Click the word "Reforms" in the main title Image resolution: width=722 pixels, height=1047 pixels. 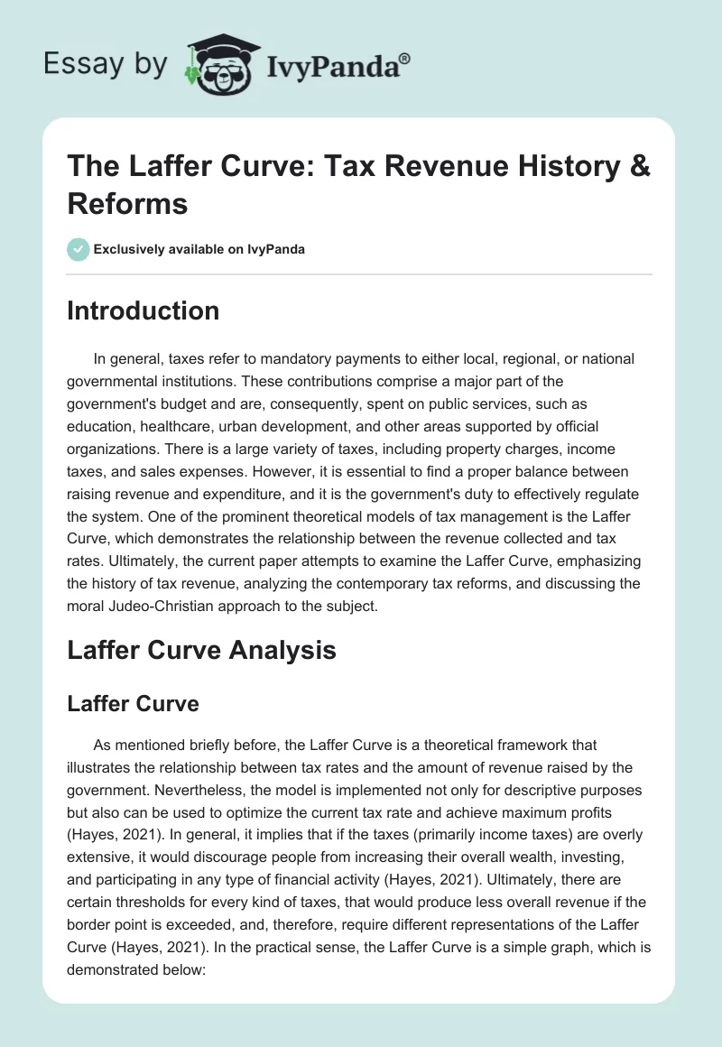pyautogui.click(x=127, y=203)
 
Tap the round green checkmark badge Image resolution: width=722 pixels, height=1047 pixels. pyautogui.click(x=79, y=249)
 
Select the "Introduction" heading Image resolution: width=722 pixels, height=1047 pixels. pyautogui.click(x=143, y=310)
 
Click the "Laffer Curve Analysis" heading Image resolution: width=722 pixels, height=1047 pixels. pyautogui.click(x=201, y=650)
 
